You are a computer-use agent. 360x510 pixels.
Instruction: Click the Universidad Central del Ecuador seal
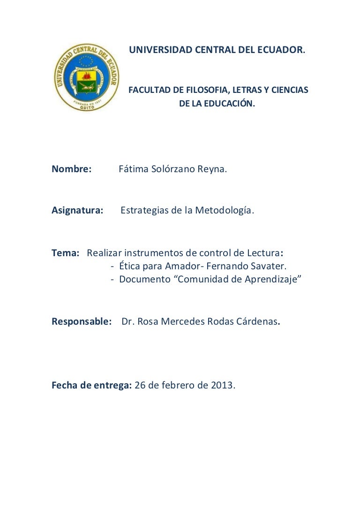[86, 77]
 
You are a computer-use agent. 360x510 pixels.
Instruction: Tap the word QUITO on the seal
[86, 106]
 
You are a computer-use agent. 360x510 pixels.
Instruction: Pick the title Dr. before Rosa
[128, 322]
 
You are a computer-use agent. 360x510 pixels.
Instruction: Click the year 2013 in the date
[222, 386]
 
